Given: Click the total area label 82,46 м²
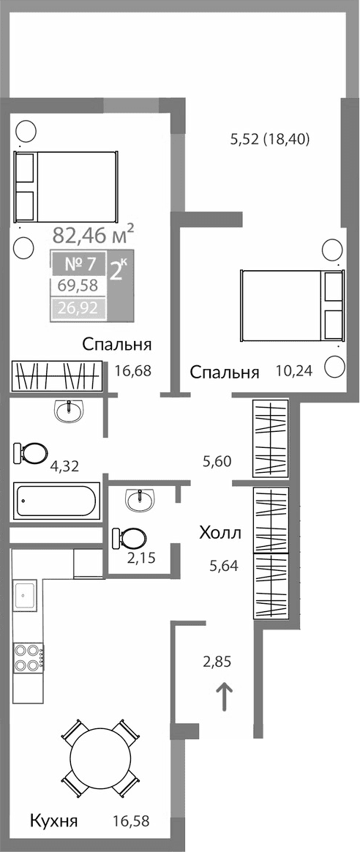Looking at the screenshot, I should (x=93, y=235).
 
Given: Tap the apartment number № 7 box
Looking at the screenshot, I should (x=78, y=263).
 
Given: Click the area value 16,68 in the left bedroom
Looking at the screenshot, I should (x=132, y=370).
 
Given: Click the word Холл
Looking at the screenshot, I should (x=220, y=533).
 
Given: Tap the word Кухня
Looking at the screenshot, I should (x=53, y=821).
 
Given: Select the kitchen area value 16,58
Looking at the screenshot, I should (x=132, y=821).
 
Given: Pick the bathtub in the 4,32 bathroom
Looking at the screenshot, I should (x=56, y=502).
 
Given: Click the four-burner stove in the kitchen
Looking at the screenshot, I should (x=27, y=656).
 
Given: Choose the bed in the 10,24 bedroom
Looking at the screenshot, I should (x=292, y=305).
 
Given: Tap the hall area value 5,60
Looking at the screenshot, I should (x=217, y=461).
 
